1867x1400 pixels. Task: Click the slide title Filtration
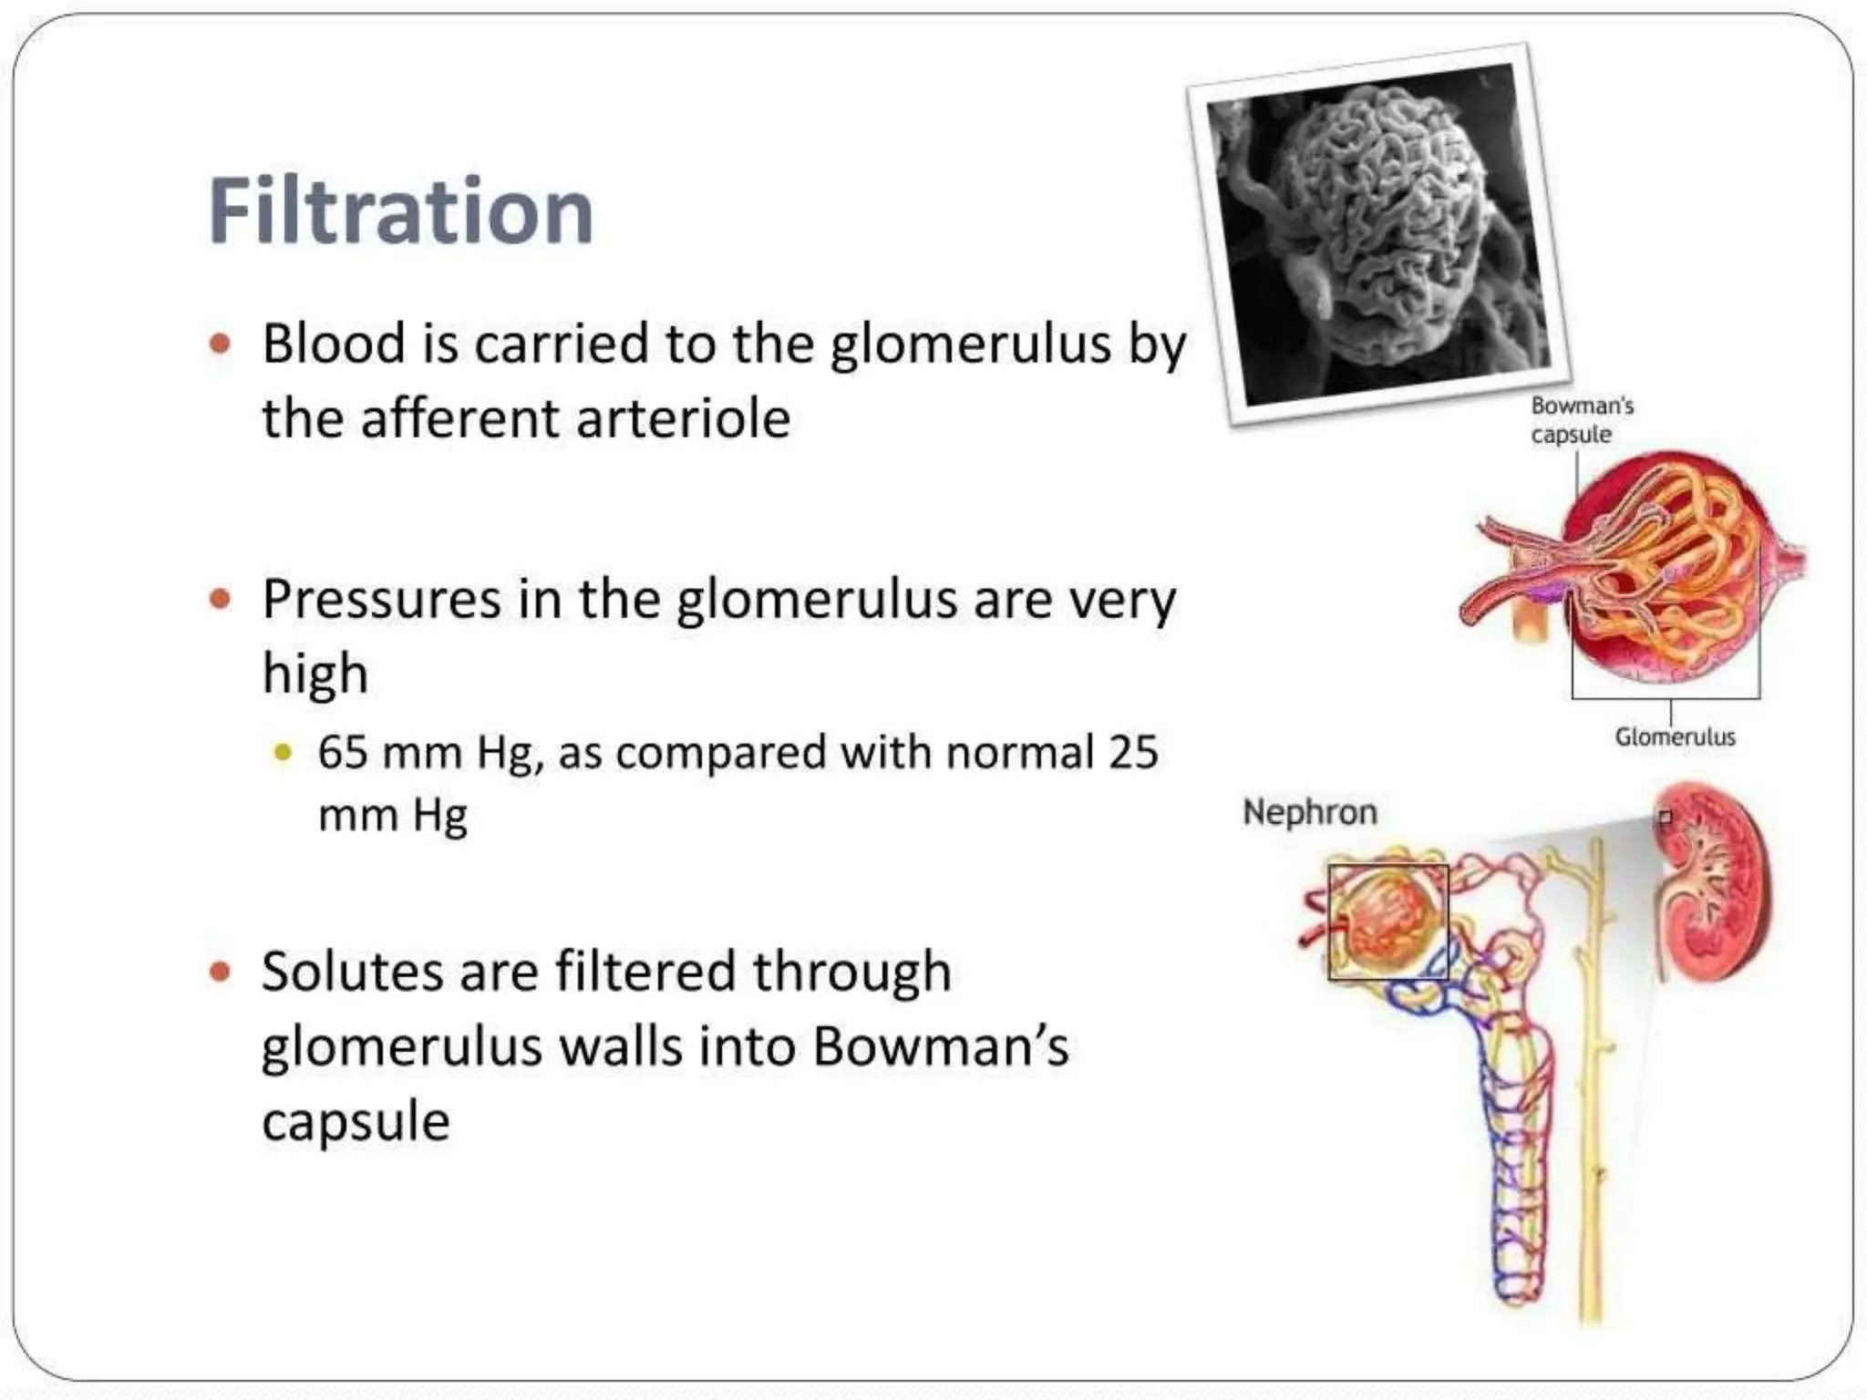[401, 211]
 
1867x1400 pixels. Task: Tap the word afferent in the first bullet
[459, 420]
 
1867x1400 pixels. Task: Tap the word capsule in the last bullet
[356, 1121]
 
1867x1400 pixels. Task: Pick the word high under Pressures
[315, 674]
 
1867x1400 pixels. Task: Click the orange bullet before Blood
[220, 345]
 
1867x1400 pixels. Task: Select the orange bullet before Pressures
[220, 600]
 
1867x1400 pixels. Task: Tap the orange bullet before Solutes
[220, 972]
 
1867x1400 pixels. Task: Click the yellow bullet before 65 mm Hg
[284, 754]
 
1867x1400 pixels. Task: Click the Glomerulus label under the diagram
[1675, 736]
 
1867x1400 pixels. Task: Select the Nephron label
[1309, 812]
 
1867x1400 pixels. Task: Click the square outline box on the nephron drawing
[1387, 922]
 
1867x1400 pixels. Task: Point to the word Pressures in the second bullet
[382, 602]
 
